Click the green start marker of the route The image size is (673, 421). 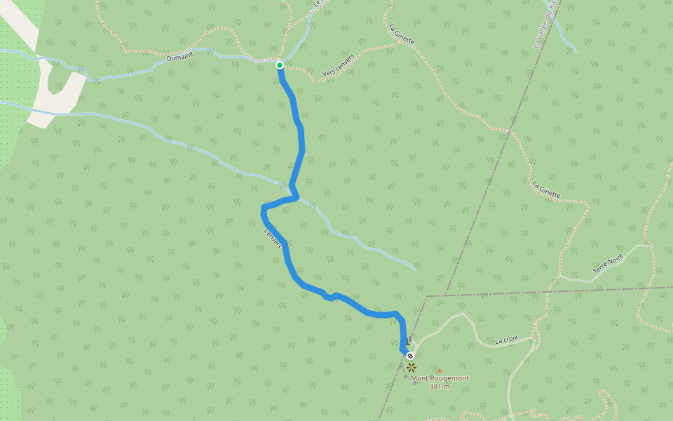(x=279, y=65)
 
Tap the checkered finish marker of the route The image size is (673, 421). (x=410, y=356)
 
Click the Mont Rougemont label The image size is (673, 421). (x=440, y=378)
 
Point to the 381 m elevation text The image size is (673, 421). (x=440, y=387)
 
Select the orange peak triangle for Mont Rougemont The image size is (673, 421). (x=440, y=370)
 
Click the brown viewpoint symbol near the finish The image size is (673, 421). (x=411, y=367)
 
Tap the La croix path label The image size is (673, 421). (x=506, y=340)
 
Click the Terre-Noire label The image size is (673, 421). (x=608, y=263)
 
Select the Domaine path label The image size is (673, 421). (x=180, y=57)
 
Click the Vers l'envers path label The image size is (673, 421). (x=339, y=67)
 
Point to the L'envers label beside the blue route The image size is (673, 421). (x=273, y=238)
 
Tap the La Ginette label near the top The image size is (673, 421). (x=402, y=34)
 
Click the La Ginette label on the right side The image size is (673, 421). (x=546, y=191)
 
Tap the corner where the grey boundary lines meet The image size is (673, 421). (x=426, y=296)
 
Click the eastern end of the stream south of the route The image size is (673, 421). (x=415, y=269)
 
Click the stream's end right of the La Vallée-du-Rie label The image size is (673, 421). (x=576, y=51)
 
